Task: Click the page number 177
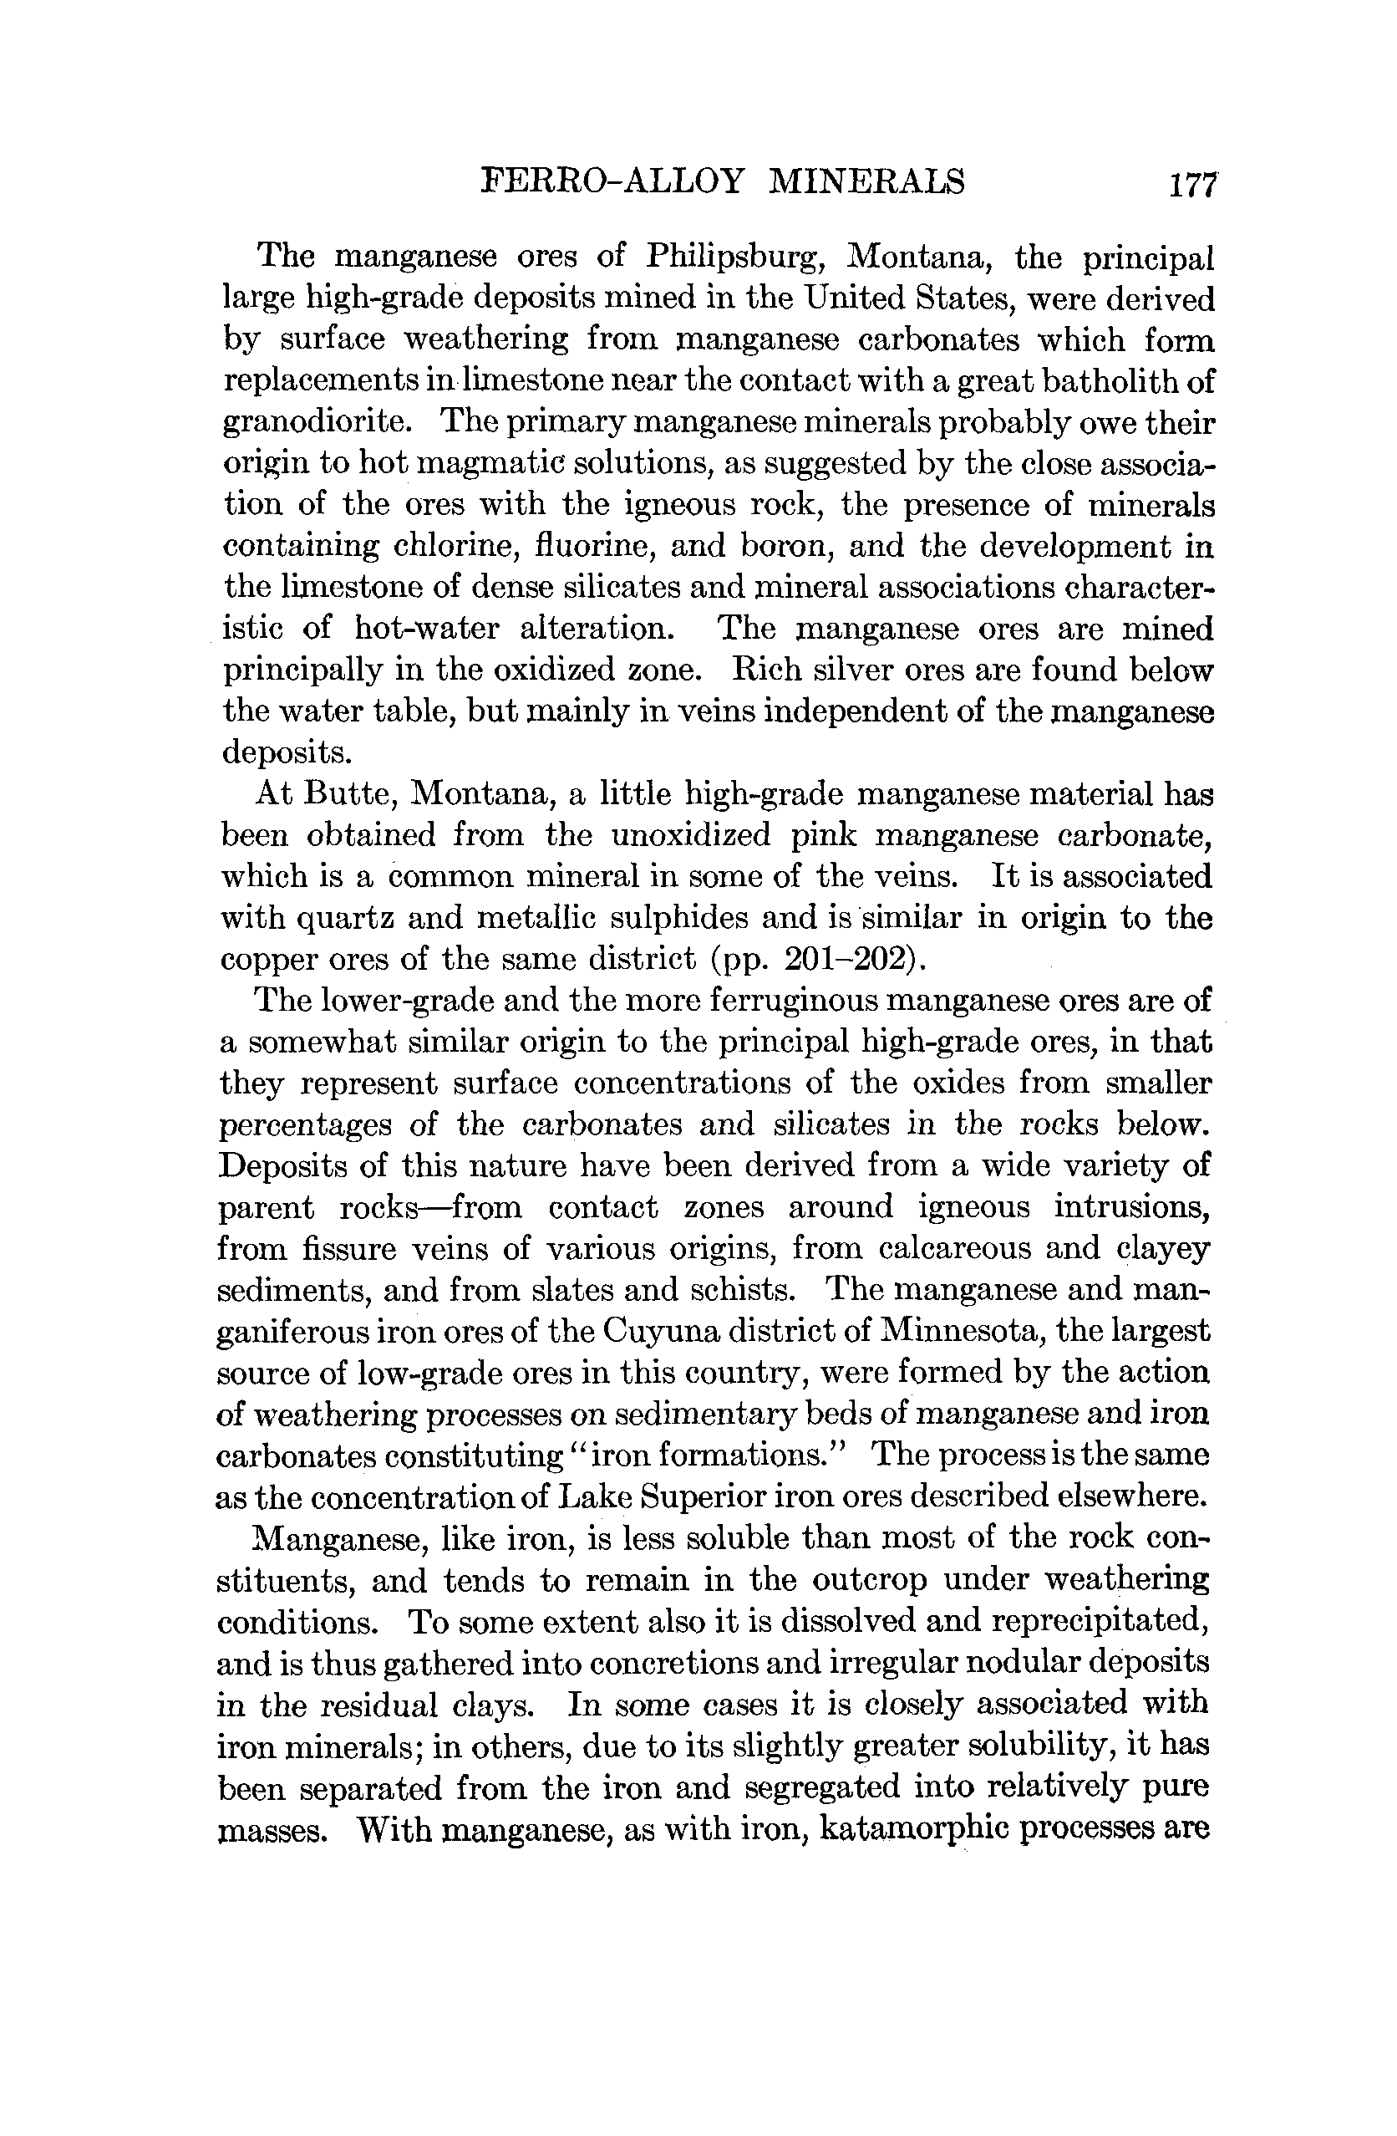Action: pos(1191,184)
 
